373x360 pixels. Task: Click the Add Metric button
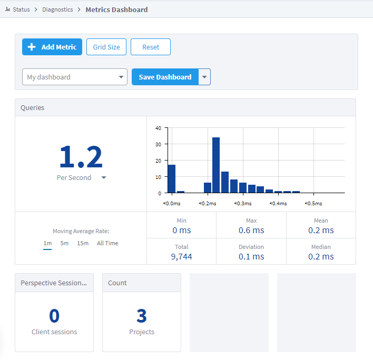click(x=52, y=47)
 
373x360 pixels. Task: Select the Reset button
click(x=151, y=47)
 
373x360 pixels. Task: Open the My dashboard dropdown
click(x=75, y=77)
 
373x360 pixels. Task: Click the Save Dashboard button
click(x=165, y=77)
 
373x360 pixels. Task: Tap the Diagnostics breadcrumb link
click(x=57, y=9)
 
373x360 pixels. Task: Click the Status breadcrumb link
click(x=22, y=9)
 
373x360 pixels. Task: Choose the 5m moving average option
click(x=64, y=243)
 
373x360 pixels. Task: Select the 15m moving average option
click(x=83, y=243)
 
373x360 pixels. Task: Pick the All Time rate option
click(x=107, y=243)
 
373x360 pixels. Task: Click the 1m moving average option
click(x=47, y=243)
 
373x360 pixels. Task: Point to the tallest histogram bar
click(x=216, y=165)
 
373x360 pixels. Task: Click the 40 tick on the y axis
click(x=158, y=128)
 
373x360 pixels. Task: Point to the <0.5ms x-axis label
click(x=314, y=204)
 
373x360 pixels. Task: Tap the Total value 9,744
click(x=182, y=256)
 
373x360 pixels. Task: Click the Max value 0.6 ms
click(x=251, y=230)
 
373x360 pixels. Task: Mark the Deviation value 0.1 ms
click(x=251, y=256)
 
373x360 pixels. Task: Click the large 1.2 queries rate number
click(x=81, y=156)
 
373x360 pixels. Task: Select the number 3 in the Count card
click(x=141, y=316)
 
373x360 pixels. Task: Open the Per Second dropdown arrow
click(x=104, y=178)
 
